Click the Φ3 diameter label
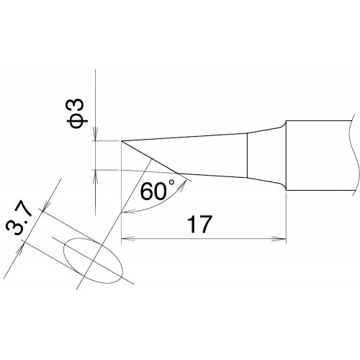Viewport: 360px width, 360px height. (x=76, y=113)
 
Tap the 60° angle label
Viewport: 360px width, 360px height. (x=158, y=191)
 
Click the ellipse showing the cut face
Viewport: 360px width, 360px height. (x=93, y=261)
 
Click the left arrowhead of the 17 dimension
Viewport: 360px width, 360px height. (x=128, y=239)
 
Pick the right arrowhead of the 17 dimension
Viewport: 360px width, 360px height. (x=279, y=239)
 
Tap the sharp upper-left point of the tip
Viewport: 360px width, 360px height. (x=122, y=141)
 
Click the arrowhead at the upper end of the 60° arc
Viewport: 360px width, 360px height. (x=184, y=185)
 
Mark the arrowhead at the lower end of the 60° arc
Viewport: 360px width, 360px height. (x=128, y=212)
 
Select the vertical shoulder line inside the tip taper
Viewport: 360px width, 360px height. (x=247, y=156)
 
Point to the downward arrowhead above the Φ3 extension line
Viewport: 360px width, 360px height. (x=96, y=134)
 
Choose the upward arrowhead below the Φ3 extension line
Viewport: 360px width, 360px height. (x=96, y=177)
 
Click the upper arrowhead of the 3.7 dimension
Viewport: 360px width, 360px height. (x=46, y=205)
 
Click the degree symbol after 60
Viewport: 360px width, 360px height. (x=171, y=183)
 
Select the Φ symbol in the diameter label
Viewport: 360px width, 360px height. (x=76, y=120)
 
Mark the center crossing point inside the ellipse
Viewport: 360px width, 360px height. (x=93, y=261)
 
